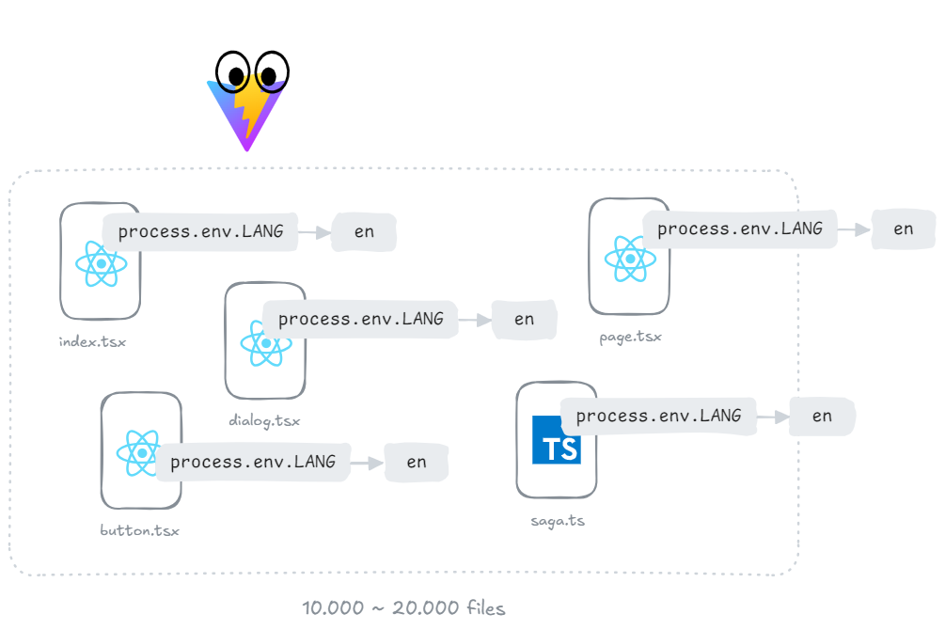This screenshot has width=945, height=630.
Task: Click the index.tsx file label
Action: click(92, 341)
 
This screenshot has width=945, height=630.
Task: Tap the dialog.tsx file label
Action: click(264, 420)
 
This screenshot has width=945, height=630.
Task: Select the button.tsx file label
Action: click(139, 530)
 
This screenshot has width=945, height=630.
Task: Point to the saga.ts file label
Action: click(558, 520)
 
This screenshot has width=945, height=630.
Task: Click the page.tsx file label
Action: click(630, 337)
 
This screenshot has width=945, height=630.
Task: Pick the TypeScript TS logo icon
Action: click(557, 440)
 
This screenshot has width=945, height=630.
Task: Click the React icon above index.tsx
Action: click(101, 264)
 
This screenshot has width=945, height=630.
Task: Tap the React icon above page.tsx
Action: click(629, 259)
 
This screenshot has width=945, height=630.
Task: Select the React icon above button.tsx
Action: click(140, 452)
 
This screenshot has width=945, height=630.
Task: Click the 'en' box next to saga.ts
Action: click(822, 416)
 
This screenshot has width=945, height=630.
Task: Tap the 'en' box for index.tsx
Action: click(364, 232)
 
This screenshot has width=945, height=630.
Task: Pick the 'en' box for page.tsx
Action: click(904, 228)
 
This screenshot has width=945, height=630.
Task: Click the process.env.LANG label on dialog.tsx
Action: click(360, 319)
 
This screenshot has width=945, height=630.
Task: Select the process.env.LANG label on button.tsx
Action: click(253, 462)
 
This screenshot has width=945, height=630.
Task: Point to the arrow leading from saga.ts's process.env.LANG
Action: click(773, 416)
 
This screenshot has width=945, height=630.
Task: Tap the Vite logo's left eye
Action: click(232, 72)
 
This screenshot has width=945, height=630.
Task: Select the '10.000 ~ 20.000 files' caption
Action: click(403, 608)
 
